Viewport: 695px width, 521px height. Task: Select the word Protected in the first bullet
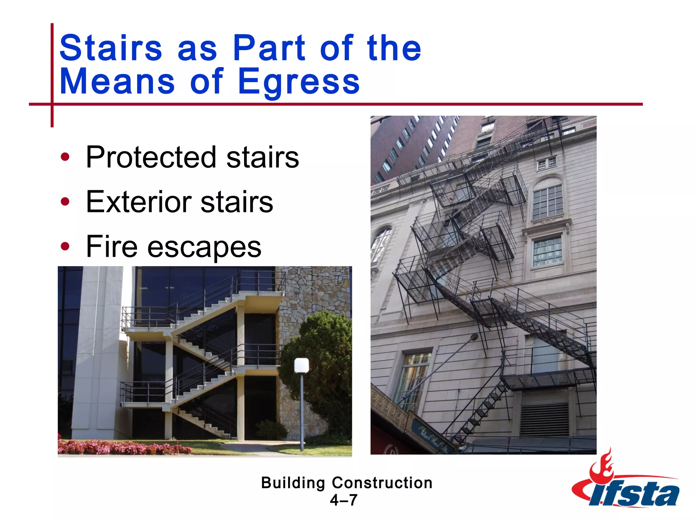[151, 157]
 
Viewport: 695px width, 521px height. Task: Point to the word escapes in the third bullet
[204, 247]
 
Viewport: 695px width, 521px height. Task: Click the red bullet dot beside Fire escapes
[65, 247]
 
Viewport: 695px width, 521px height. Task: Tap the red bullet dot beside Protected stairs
[65, 157]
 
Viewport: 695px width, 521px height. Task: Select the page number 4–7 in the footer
[343, 500]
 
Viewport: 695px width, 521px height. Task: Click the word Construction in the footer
[382, 483]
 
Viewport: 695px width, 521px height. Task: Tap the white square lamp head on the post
[301, 366]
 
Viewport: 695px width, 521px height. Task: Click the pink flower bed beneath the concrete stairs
[122, 447]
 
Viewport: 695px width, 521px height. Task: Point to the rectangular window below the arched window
[547, 251]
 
